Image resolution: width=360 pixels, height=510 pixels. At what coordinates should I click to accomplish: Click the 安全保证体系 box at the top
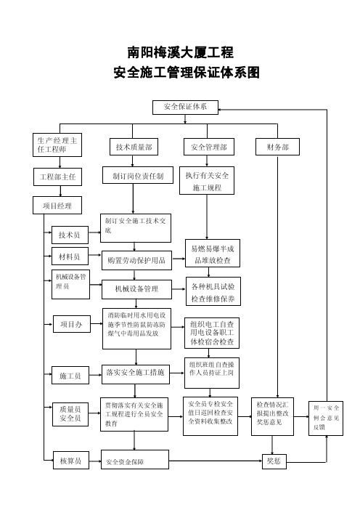[185, 107]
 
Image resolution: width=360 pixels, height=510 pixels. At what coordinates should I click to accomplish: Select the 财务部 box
[277, 147]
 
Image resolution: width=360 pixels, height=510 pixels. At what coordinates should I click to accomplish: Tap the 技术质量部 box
[134, 147]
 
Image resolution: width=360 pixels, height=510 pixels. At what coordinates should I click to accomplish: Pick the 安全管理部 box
[208, 147]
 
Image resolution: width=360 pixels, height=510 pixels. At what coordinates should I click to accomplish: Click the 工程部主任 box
[57, 177]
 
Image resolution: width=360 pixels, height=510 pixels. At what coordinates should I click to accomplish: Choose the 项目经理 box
[57, 206]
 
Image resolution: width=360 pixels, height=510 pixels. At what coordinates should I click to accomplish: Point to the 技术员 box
[70, 235]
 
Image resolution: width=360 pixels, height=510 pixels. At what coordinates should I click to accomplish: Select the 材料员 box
[70, 256]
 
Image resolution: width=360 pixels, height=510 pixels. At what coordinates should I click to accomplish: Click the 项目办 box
[72, 324]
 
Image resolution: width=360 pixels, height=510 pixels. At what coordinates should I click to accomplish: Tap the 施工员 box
[70, 375]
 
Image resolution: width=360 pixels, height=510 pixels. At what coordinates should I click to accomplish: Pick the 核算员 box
[71, 461]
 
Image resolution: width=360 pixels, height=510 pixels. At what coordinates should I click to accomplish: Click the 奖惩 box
[274, 461]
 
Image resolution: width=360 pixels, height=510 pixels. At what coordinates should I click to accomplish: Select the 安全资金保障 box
[135, 460]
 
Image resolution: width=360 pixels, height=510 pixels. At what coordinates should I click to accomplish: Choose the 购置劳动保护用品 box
[136, 260]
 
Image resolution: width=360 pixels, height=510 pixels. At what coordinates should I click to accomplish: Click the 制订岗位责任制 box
[138, 176]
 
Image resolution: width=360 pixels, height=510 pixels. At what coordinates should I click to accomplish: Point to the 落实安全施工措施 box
[136, 374]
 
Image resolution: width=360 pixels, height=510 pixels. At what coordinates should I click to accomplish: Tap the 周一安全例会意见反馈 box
[326, 418]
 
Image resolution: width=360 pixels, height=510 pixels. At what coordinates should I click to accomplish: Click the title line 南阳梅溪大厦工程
[180, 52]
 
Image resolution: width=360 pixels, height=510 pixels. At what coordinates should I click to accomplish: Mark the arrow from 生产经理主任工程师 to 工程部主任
[60, 162]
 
